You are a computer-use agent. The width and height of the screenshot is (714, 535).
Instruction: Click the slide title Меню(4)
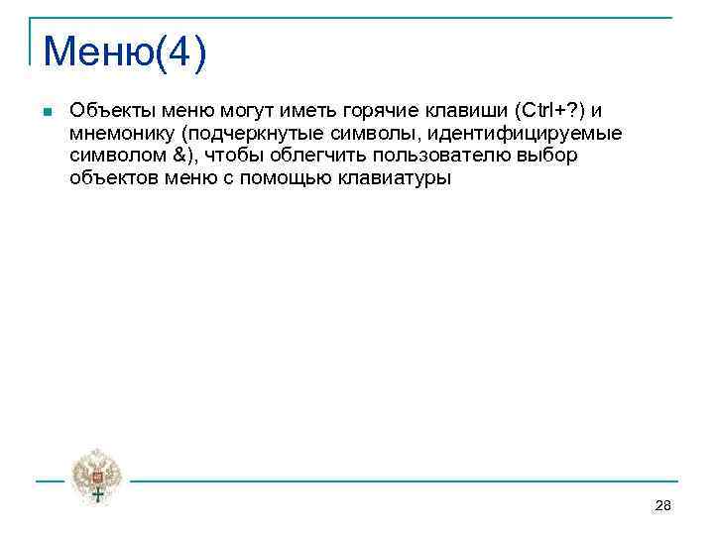point(125,52)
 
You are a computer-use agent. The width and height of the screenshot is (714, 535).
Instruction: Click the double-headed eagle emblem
point(97,475)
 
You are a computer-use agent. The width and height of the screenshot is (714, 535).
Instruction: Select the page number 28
point(663,506)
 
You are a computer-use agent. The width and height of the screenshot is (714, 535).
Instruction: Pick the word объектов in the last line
point(109,178)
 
